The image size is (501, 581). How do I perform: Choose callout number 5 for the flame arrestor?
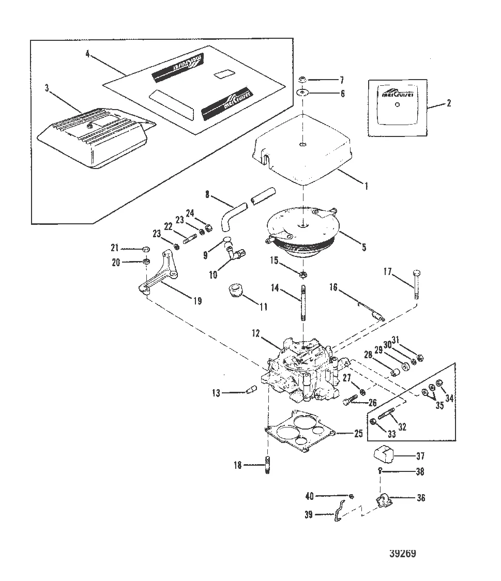pos(363,248)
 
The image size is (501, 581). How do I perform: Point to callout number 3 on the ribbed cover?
pos(47,88)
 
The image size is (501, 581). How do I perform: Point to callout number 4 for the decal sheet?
pos(88,53)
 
